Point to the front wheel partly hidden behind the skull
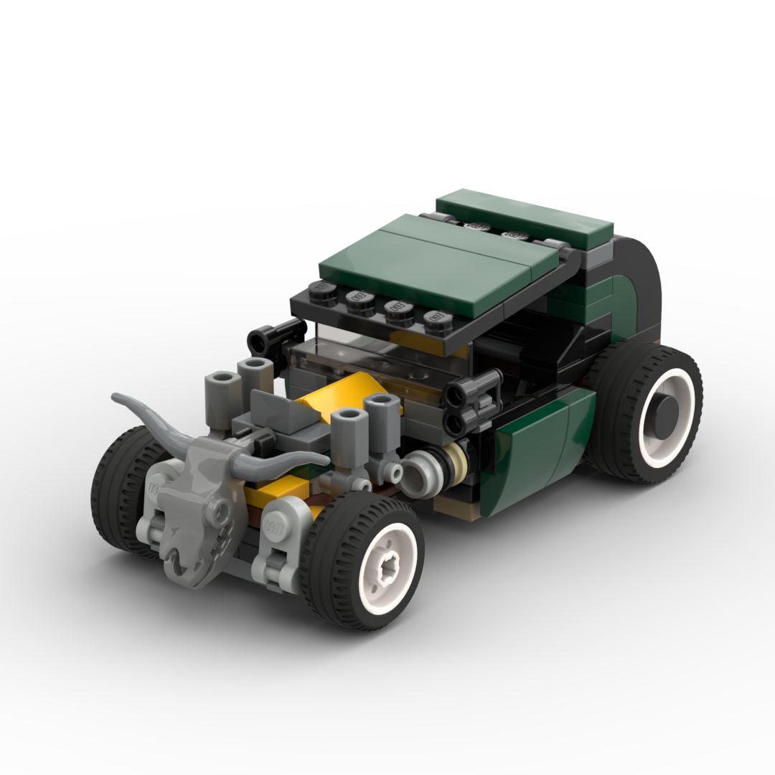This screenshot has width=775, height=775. point(118,495)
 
